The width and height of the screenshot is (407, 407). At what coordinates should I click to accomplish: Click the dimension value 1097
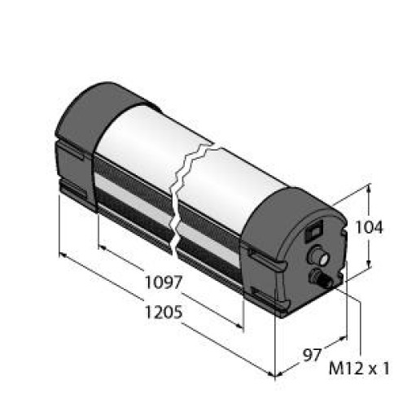point(164,282)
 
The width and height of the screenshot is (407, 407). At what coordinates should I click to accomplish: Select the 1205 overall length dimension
point(164,312)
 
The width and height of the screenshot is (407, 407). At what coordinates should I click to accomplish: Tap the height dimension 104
point(369,227)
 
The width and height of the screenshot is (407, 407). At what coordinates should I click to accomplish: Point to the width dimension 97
point(312,355)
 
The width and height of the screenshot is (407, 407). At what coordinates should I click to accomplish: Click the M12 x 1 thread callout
point(359,369)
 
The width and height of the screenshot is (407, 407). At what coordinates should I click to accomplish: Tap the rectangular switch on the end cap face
point(314,231)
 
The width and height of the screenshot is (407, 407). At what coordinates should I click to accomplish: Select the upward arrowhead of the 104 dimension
point(369,189)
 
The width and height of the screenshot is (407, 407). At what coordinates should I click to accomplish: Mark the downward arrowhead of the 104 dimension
point(369,263)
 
